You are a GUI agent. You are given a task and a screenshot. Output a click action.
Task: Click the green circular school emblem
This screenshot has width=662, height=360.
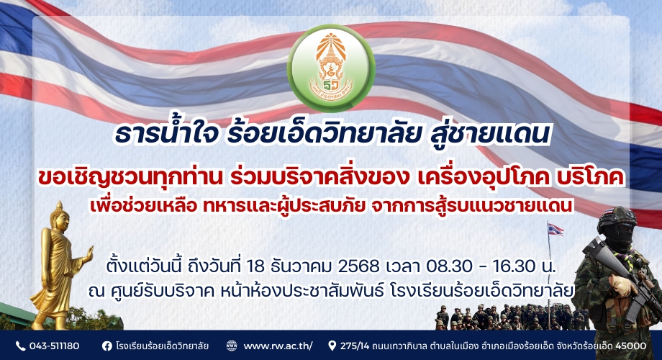[x=331, y=68]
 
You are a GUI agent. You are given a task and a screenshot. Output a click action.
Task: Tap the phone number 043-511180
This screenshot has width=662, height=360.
[x=54, y=346]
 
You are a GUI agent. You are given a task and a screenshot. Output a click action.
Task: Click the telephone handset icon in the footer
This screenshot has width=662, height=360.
[x=20, y=346]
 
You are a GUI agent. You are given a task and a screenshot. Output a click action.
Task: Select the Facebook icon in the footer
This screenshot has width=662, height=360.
[x=107, y=346]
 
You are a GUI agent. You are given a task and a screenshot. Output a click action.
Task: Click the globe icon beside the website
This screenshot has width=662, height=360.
[x=232, y=346]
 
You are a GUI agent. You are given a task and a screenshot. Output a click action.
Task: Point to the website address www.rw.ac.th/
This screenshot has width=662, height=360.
[x=278, y=346]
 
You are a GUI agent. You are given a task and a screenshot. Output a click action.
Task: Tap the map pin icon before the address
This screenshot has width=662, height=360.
[x=332, y=346]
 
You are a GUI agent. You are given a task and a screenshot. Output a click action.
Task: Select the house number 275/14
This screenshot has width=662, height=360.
[x=355, y=346]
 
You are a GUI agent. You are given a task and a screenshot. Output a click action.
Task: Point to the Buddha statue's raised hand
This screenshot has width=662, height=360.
[x=89, y=254]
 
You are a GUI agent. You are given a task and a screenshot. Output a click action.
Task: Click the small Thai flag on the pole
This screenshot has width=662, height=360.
[x=556, y=230]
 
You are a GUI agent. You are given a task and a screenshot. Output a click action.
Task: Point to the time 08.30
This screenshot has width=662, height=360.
[x=449, y=266]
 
